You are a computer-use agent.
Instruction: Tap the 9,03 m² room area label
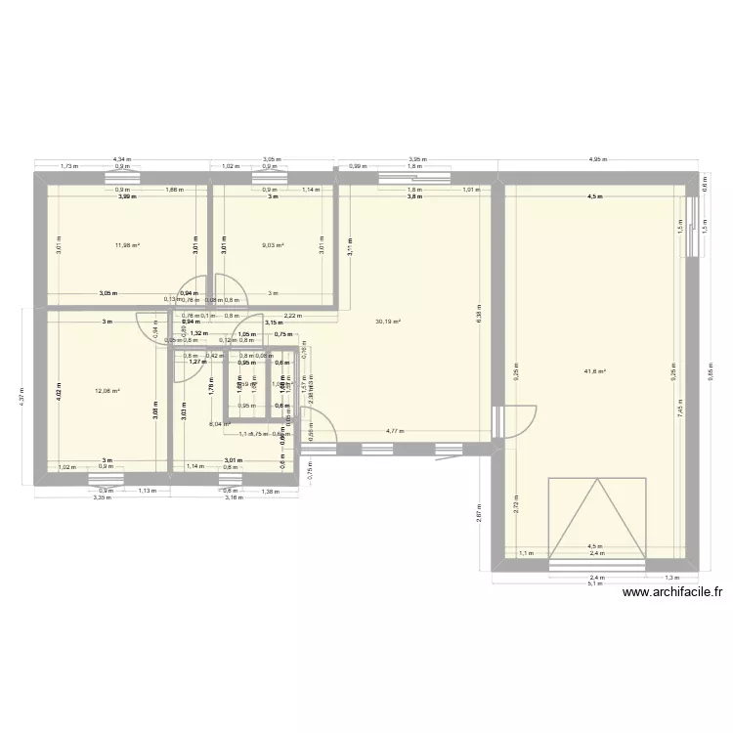tap(273, 245)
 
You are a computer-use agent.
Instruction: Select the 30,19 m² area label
tap(388, 321)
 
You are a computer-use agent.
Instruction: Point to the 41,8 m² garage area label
tap(595, 371)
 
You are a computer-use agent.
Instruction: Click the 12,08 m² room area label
tap(107, 391)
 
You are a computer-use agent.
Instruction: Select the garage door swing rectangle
tap(597, 521)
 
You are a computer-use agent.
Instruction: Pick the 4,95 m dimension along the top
tap(595, 158)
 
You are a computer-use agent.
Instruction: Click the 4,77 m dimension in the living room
tap(394, 430)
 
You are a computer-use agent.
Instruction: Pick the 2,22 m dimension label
tap(291, 315)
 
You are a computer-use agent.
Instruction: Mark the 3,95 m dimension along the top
tap(417, 158)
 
